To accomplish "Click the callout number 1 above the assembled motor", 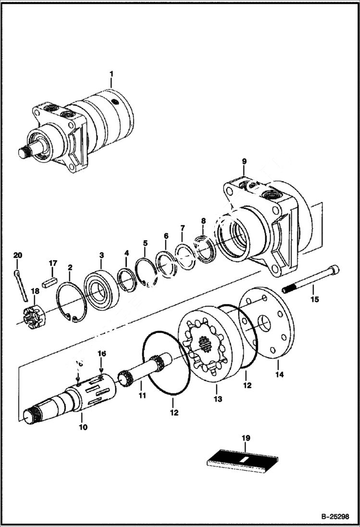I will point(111,74).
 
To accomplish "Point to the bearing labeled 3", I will point(101,290).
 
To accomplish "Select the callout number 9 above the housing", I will point(244,161).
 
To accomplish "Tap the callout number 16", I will point(101,353).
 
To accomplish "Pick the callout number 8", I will point(203,221).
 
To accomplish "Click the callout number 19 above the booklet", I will point(246,438).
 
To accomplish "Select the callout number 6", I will point(166,236).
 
